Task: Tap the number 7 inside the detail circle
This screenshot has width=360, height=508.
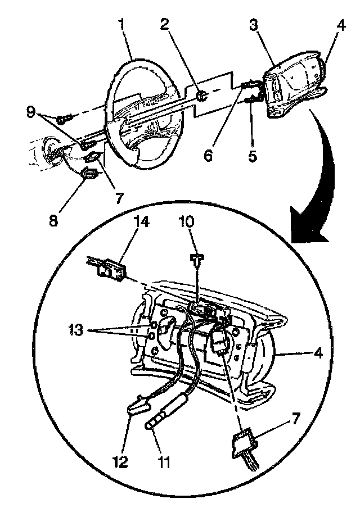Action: [x=296, y=418]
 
